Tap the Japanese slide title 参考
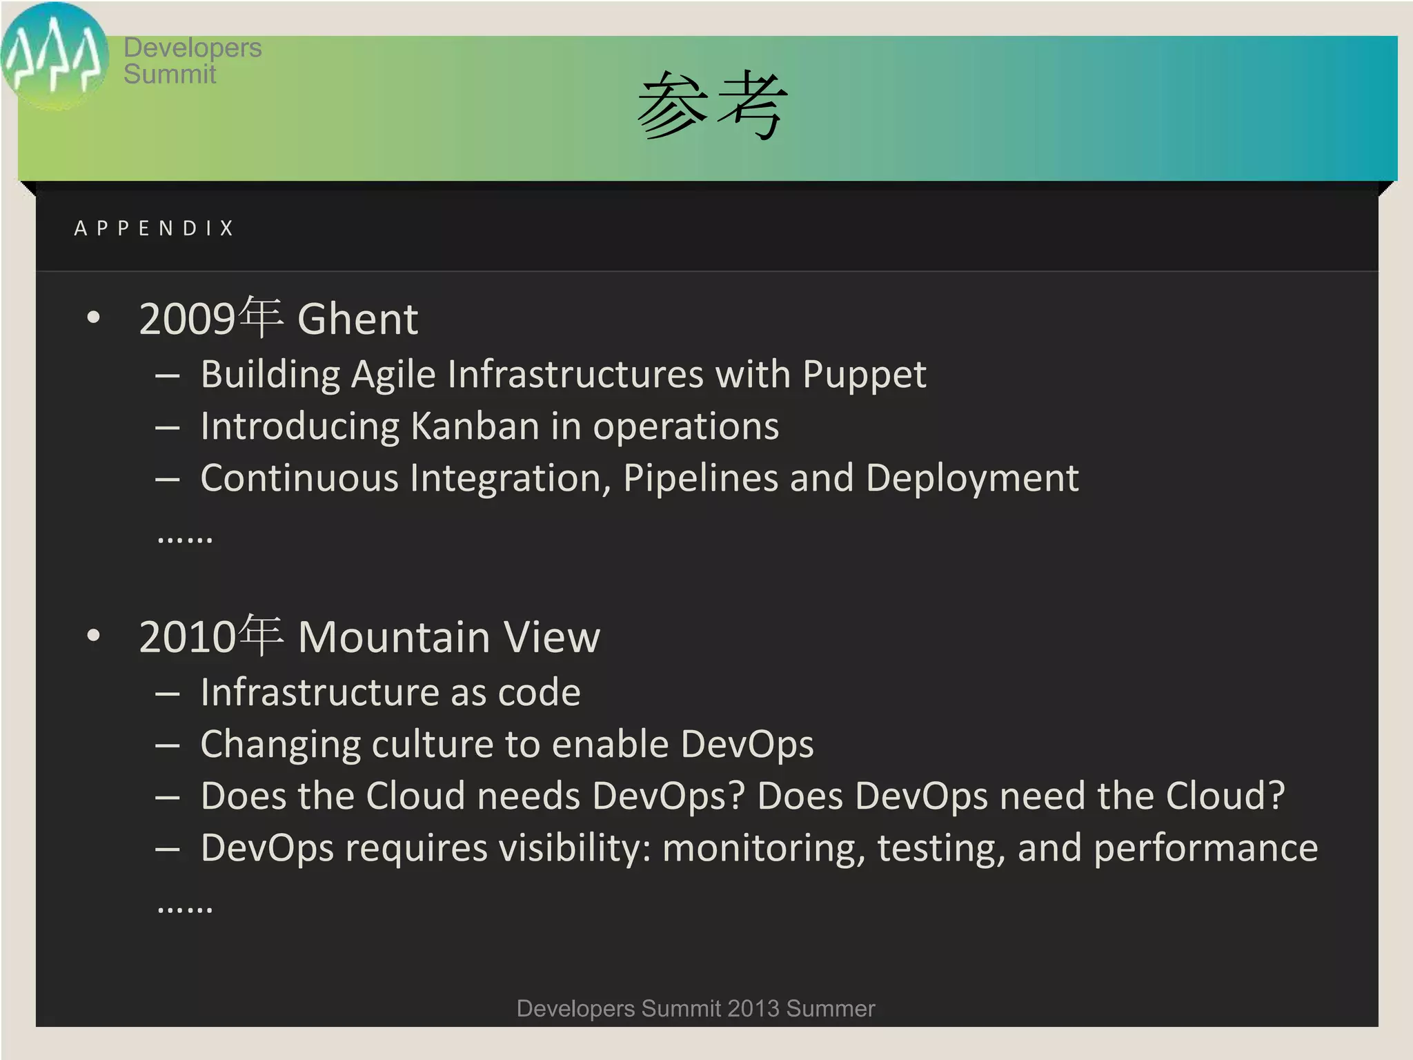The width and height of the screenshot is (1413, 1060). [711, 106]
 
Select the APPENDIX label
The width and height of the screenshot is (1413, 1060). [155, 228]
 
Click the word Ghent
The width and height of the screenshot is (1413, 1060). [357, 319]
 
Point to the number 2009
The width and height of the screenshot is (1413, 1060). [187, 319]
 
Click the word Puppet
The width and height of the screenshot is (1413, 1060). [864, 375]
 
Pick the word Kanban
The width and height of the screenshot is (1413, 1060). [475, 426]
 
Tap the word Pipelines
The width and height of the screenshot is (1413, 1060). [700, 478]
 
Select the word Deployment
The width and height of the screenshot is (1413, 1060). [971, 478]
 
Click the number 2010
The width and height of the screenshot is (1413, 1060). [187, 636]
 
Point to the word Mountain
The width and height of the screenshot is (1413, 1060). [393, 636]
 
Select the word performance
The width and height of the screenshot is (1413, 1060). [1205, 847]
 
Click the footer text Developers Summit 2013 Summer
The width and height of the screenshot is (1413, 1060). [695, 1008]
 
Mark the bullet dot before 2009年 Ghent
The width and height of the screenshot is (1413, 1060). [94, 318]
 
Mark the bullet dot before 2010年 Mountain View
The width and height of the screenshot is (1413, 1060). [94, 636]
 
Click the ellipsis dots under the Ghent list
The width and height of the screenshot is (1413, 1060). [185, 539]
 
